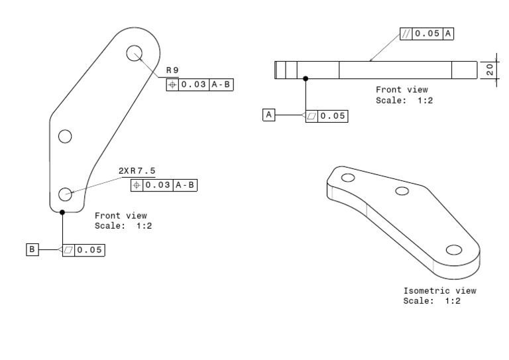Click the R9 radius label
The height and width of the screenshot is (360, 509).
[172, 70]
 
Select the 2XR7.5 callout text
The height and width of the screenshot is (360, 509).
[137, 171]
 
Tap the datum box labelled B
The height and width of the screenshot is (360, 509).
[32, 249]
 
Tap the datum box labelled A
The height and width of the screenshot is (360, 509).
[268, 115]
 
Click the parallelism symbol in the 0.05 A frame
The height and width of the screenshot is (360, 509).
[406, 34]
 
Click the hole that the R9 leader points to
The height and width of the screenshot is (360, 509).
[134, 53]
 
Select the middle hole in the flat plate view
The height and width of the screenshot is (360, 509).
[64, 137]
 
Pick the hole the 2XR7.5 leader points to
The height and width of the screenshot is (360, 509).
[65, 194]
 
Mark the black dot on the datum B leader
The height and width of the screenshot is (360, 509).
[62, 212]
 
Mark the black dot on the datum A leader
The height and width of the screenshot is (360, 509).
[306, 78]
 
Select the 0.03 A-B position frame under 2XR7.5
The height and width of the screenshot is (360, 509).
[164, 185]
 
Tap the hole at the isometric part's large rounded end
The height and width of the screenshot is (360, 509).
[453, 249]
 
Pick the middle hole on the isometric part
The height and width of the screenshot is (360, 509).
[402, 192]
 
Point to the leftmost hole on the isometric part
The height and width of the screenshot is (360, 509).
[347, 177]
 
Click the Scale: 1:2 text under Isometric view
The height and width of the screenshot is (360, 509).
[431, 300]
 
